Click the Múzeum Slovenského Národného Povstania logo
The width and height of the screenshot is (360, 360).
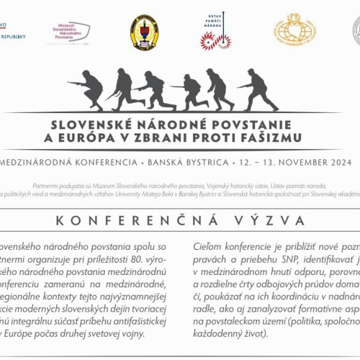tap(72, 32)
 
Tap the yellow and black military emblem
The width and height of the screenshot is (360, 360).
tap(144, 32)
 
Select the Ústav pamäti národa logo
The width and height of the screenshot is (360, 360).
tap(215, 32)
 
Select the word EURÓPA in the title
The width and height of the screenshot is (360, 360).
tap(115, 137)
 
